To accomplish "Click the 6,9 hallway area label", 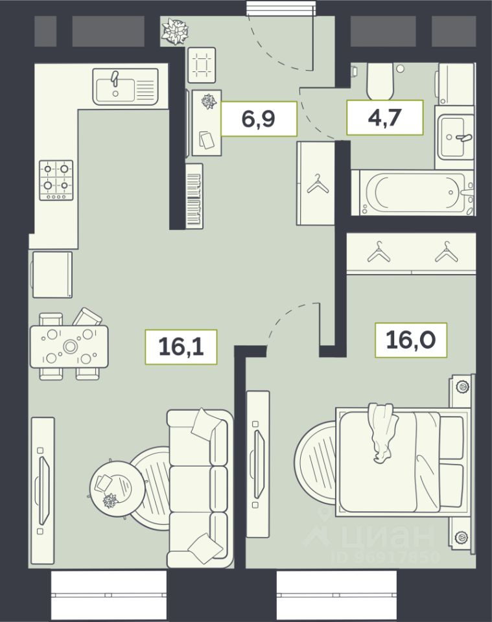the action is [258, 119].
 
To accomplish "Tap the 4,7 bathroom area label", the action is [384, 117].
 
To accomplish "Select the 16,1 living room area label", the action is [181, 347].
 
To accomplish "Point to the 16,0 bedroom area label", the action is [411, 340].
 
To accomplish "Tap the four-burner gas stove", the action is [56, 180].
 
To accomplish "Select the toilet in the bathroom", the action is [380, 82].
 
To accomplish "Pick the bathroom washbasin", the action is [454, 137].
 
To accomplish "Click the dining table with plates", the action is [69, 346].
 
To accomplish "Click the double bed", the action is [402, 462].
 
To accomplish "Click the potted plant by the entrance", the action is [174, 30].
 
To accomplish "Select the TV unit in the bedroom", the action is [257, 464].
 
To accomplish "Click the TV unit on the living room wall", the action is [42, 490].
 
